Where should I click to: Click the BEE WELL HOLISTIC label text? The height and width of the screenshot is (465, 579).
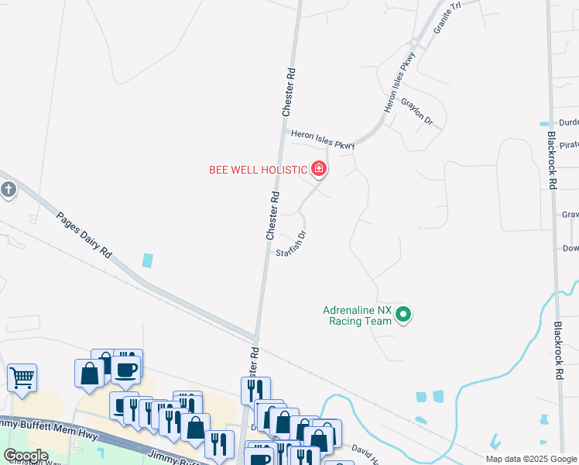click(x=259, y=169)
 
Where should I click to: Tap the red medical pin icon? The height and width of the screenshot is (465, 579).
click(x=317, y=168)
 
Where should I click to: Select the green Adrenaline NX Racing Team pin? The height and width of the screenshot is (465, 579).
click(x=403, y=315)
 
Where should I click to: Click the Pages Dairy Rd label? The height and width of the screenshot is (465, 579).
click(x=84, y=232)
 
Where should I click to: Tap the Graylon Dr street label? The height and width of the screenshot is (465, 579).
click(x=416, y=112)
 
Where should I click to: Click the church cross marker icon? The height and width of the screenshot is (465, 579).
click(x=8, y=190)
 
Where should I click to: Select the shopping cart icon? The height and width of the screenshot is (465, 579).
click(x=22, y=378)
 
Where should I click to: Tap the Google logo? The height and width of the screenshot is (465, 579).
click(x=26, y=456)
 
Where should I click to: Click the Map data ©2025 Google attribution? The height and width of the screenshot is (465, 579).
click(x=531, y=459)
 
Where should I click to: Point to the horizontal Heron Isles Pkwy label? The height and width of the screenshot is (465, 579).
click(x=323, y=139)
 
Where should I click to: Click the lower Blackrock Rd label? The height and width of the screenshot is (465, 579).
click(x=557, y=350)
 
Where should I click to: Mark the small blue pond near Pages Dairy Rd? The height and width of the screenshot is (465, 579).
click(x=147, y=261)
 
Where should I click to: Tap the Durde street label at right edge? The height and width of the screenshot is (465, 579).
click(x=568, y=122)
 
